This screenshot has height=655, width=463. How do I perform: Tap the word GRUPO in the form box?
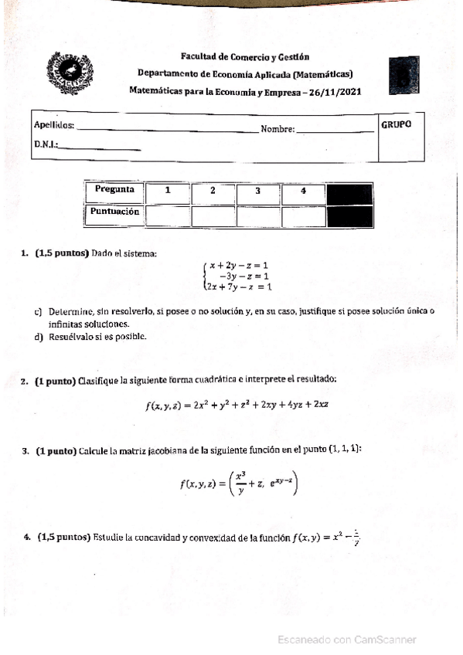pyautogui.click(x=397, y=124)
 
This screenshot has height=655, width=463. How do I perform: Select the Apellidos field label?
pyautogui.click(x=54, y=126)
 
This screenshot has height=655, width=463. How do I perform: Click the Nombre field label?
pyautogui.click(x=277, y=129)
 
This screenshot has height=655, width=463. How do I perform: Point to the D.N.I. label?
pyautogui.click(x=46, y=144)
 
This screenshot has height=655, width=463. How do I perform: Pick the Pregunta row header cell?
pyautogui.click(x=114, y=190)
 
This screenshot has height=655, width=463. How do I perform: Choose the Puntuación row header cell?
pyautogui.click(x=114, y=211)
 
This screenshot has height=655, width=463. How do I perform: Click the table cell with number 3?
pyautogui.click(x=257, y=191)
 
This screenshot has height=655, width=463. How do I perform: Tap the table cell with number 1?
pyautogui.click(x=167, y=191)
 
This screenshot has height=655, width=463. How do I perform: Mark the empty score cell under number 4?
pyautogui.click(x=302, y=216)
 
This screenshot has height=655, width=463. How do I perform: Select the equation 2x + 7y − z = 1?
pyautogui.click(x=238, y=287)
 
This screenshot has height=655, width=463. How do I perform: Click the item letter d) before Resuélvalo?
pyautogui.click(x=39, y=336)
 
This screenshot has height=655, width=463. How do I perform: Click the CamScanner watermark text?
pyautogui.click(x=347, y=640)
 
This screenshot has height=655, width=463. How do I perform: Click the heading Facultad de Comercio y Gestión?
pyautogui.click(x=244, y=56)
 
